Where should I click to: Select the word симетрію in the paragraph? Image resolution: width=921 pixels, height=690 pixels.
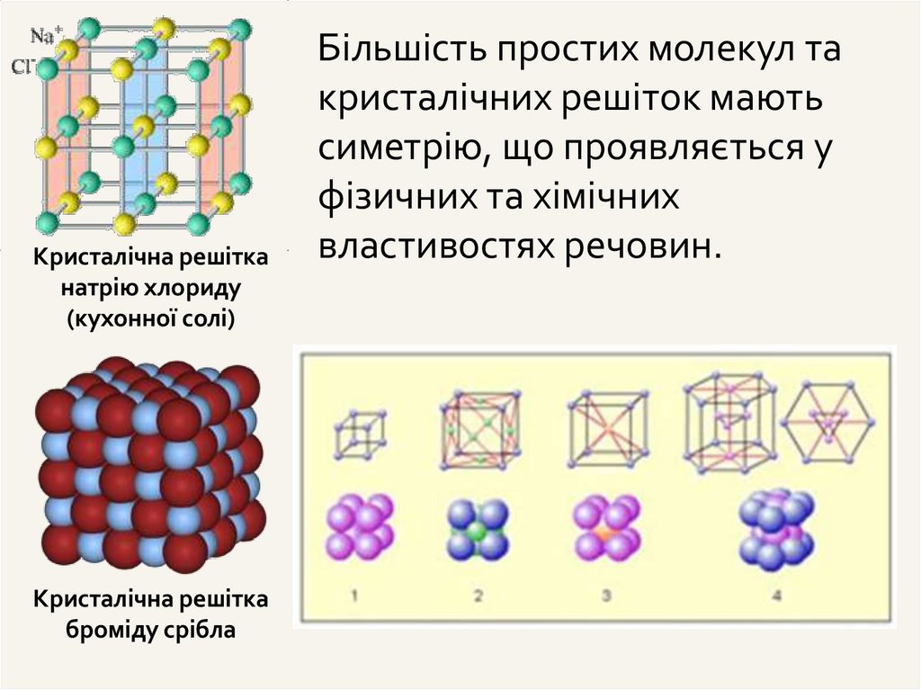(x=398, y=147)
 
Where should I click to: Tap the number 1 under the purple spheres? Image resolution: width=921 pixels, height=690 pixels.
(x=355, y=595)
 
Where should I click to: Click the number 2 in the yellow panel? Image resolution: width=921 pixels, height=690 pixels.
(x=478, y=595)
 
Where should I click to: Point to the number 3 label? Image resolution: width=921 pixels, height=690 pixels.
(x=605, y=595)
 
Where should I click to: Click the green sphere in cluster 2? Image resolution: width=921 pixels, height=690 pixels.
(x=478, y=533)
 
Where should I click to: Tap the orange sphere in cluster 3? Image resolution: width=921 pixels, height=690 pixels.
(x=607, y=533)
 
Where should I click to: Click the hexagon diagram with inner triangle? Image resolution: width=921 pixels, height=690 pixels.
(x=827, y=424)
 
